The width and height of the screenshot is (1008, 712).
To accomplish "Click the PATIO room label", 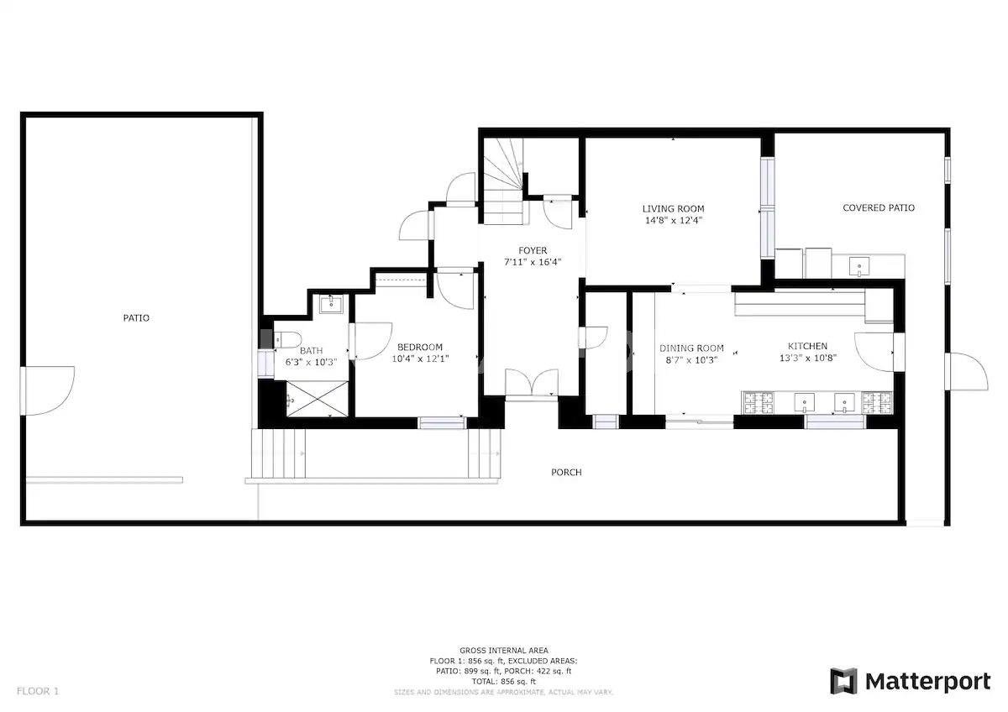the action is tap(136, 318).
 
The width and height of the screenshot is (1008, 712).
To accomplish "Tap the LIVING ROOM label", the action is tap(673, 209).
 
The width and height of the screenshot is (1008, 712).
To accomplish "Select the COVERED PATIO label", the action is tap(879, 207).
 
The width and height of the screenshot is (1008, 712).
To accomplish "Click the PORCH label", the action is tap(566, 472).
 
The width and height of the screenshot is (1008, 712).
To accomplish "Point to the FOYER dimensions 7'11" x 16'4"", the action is tap(533, 262).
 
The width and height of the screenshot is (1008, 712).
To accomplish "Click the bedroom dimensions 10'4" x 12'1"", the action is tap(420, 359).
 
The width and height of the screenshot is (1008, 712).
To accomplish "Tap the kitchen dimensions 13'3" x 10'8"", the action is tap(808, 358).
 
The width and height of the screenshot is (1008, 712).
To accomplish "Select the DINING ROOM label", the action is tap(691, 348).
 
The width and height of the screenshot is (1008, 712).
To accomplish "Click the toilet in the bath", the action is tap(287, 339).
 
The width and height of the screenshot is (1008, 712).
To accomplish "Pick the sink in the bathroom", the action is tap(331, 304).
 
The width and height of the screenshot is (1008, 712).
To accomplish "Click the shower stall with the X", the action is tap(317, 399).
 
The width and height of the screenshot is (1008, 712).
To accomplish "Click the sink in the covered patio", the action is tap(859, 266).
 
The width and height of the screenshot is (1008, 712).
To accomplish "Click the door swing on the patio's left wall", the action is tap(47, 390).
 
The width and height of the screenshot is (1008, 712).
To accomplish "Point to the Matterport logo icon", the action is tap(843, 682).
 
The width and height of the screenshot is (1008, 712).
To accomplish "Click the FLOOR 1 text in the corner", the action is tap(38, 691).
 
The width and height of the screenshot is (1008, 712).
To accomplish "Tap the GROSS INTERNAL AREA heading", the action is tap(503, 651).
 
